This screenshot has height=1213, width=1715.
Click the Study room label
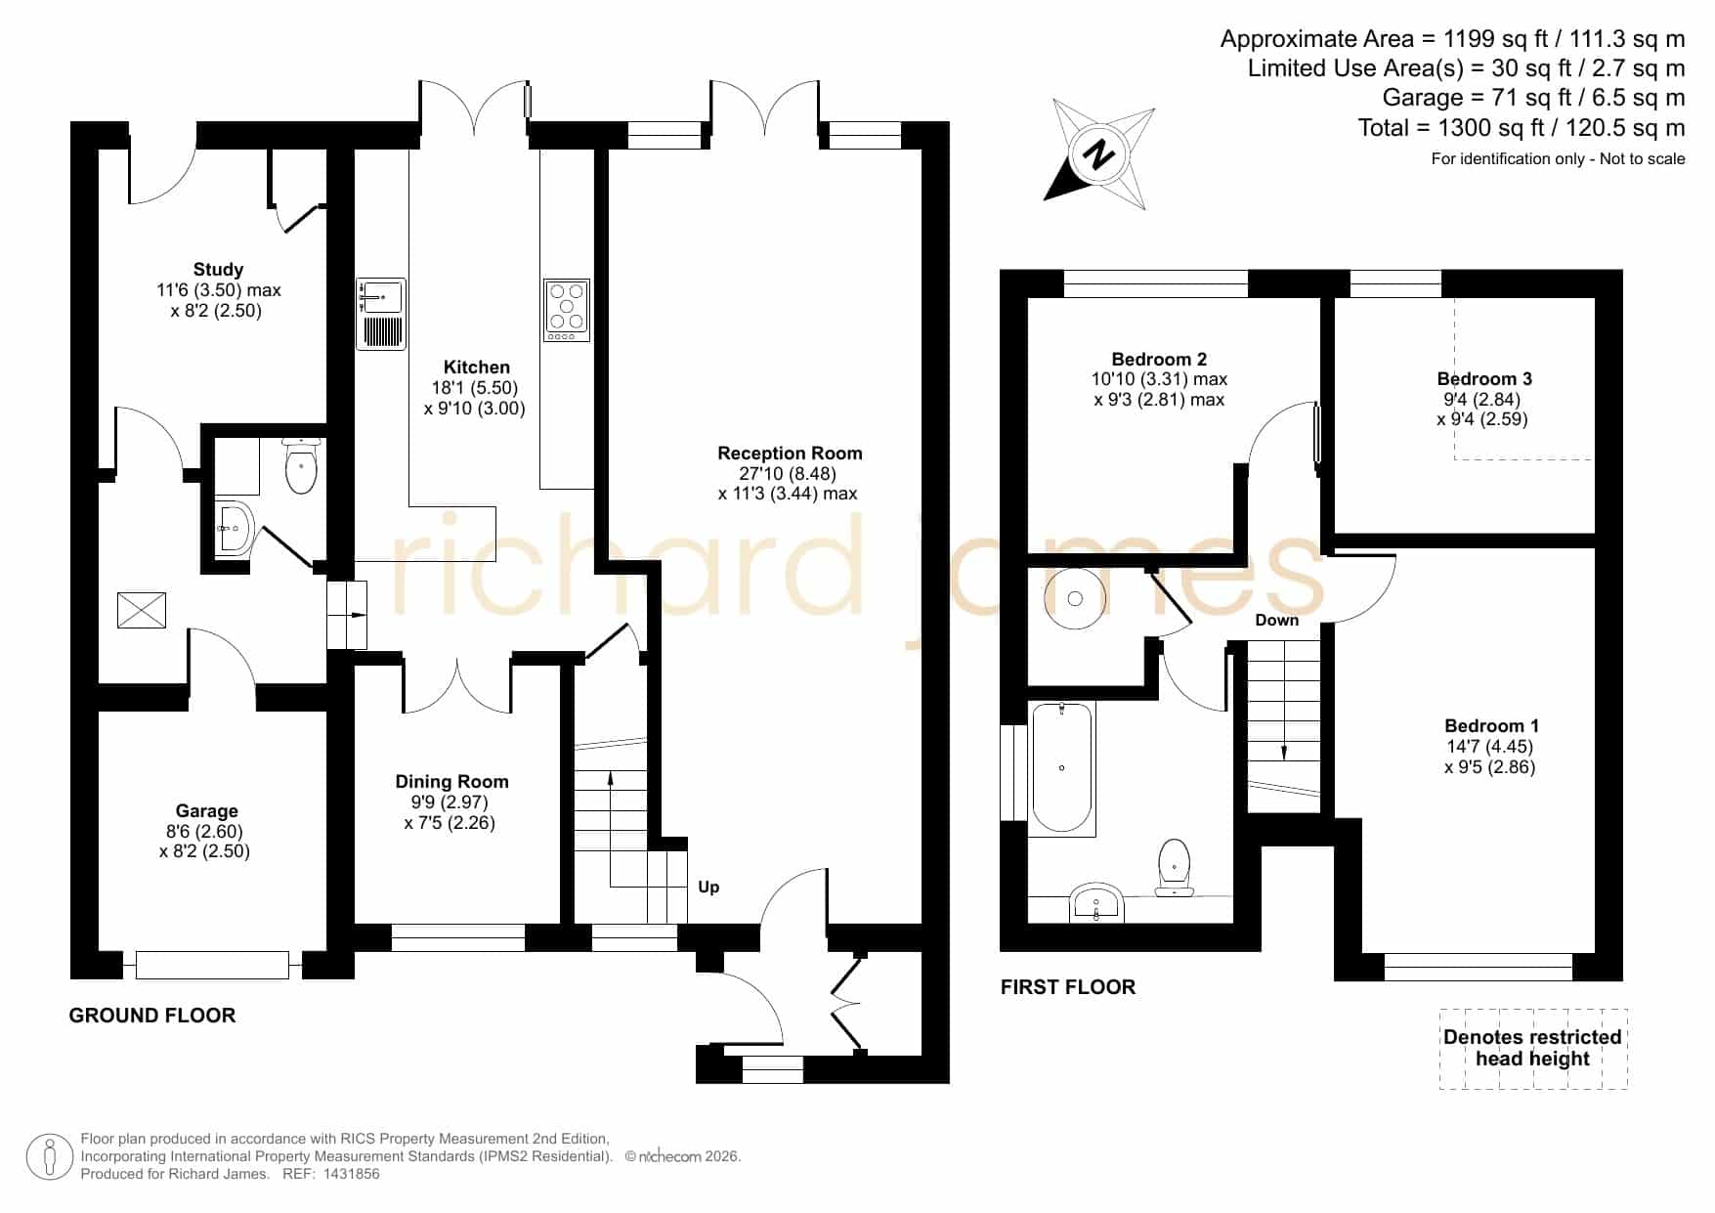coord(218,270)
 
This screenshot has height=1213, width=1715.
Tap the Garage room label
coord(206,810)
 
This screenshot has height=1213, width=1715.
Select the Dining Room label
coord(451,781)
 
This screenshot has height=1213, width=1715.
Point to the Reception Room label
coord(790,454)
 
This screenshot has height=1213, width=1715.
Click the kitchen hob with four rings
coord(567,310)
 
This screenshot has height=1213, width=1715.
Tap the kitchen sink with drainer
coord(381,314)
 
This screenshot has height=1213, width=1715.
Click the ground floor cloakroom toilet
coord(301,466)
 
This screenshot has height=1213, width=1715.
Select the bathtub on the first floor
coord(1062,768)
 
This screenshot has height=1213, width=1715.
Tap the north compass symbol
coord(1100,154)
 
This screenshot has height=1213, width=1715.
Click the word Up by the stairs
coord(708,888)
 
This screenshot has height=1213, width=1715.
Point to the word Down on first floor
coord(1277,621)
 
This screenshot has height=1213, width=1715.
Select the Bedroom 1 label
coord(1491,726)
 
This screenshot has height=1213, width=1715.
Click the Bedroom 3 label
coord(1484,379)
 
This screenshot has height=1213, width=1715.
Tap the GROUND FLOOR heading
coord(152,1016)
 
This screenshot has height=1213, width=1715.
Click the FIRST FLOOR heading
coord(1068,987)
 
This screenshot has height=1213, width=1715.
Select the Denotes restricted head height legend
coord(1533,1048)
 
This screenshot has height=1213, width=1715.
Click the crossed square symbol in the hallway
coord(142,610)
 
